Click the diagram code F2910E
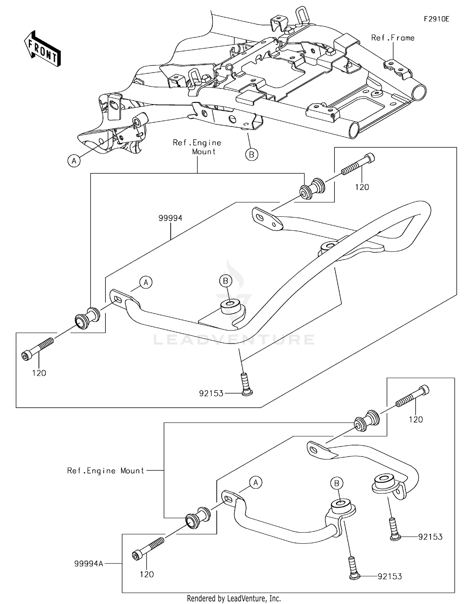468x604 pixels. point(436,19)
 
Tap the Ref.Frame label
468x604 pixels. point(392,38)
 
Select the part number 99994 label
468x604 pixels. point(170,218)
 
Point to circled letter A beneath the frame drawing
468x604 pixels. point(74,161)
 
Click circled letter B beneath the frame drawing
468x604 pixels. point(251,155)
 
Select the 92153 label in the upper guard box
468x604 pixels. point(211,393)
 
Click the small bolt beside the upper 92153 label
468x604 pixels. point(246,384)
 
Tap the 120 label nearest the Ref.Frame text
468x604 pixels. point(362,187)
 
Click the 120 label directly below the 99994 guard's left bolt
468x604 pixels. point(39,373)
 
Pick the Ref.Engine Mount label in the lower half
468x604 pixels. point(105,471)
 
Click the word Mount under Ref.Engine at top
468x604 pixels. point(204,152)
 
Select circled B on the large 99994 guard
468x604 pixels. point(226,281)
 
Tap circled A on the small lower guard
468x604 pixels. point(256,483)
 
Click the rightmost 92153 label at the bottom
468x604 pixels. point(430,537)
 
